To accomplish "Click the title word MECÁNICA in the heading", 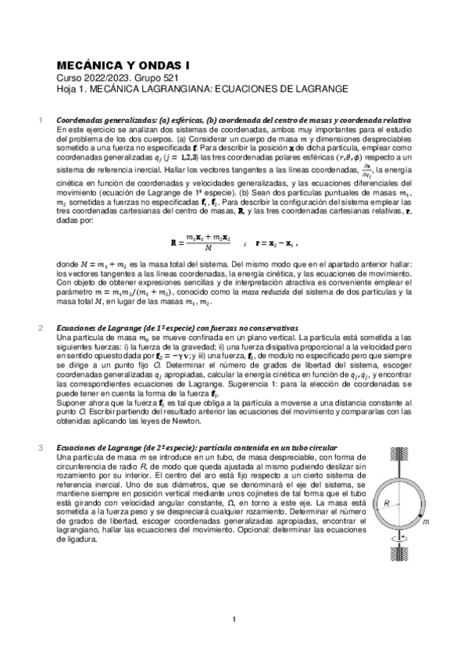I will [90, 68].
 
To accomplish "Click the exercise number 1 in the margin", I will [41, 120].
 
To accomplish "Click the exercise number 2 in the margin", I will [41, 327].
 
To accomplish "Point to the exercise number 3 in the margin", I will [41, 447].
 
